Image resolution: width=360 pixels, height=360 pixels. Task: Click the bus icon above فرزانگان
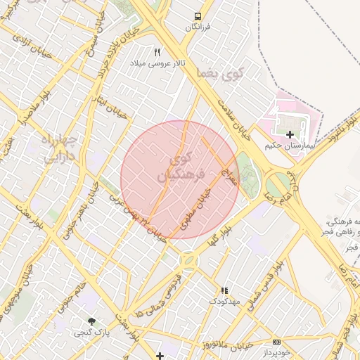(198, 15)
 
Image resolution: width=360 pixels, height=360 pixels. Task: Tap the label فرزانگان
(198, 27)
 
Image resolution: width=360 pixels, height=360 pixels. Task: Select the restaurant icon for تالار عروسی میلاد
(157, 52)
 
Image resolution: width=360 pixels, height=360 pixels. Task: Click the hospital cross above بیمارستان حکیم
(290, 134)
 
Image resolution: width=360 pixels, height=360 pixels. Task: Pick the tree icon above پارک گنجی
(91, 321)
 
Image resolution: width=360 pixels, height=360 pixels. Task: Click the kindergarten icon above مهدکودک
(224, 290)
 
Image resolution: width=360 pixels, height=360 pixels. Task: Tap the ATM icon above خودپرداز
(276, 341)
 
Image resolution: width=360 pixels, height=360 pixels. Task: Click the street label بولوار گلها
(224, 236)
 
